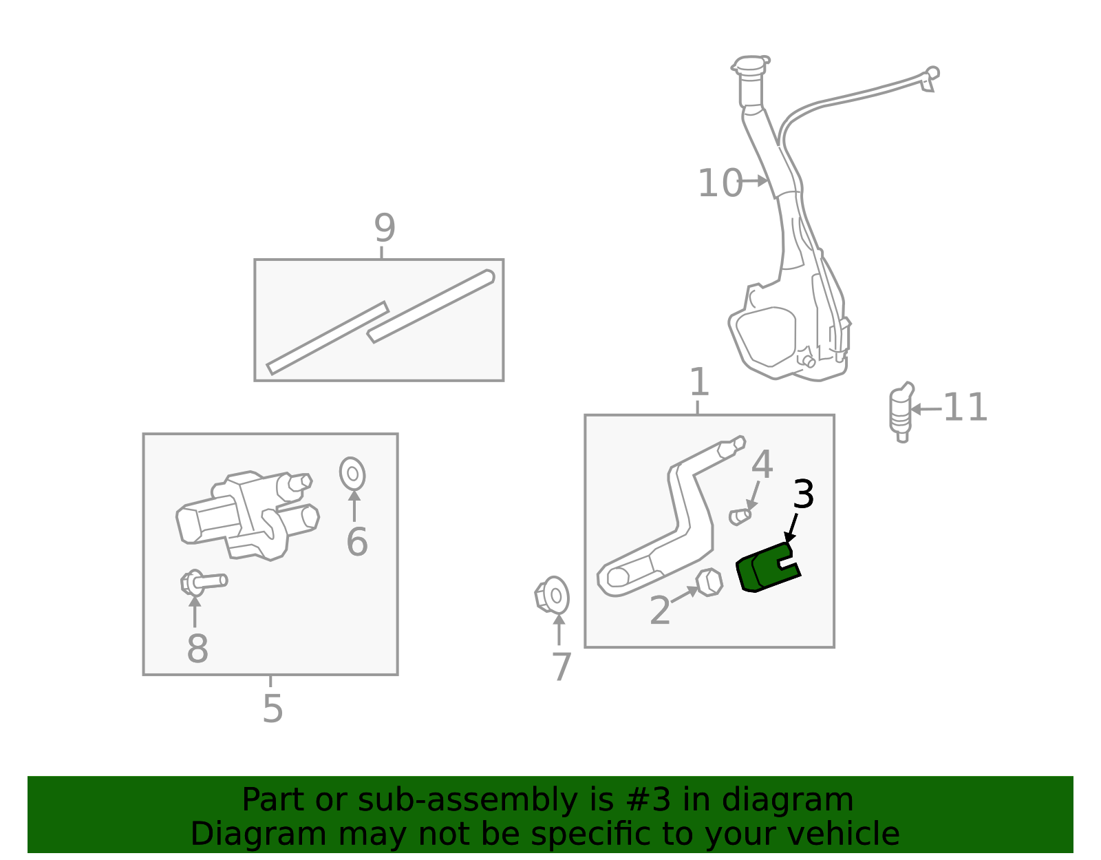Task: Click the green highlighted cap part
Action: [x=765, y=569]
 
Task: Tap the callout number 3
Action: [x=803, y=494]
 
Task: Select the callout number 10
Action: [x=720, y=184]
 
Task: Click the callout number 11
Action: [x=965, y=408]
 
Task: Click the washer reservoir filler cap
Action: [x=750, y=65]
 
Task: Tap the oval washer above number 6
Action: [x=352, y=474]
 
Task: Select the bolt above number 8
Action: [x=203, y=583]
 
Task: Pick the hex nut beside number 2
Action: [x=709, y=583]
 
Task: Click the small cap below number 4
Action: [x=740, y=516]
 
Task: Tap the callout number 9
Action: [x=385, y=228]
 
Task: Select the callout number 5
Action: [x=272, y=709]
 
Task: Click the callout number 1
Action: [x=698, y=382]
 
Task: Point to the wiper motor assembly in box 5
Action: [x=248, y=515]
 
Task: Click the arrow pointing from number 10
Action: [x=756, y=181]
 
